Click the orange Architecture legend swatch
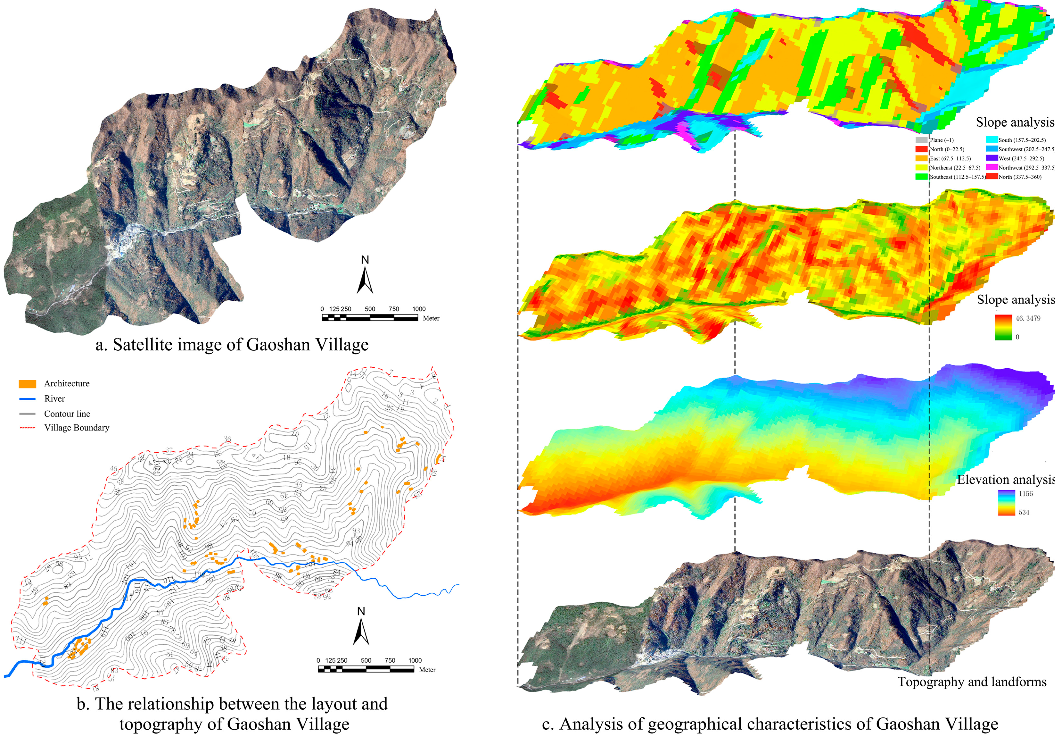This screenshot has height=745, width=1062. pos(27,384)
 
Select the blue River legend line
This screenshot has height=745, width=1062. pos(27,399)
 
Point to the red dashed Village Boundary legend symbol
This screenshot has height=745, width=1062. pos(27,428)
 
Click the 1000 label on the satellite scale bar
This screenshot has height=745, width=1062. pos(419,309)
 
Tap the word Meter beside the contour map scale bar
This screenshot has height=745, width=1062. pos(427,670)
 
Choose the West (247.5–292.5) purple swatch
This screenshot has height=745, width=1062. pos(992,158)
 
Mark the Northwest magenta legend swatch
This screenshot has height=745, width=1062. pos(992,168)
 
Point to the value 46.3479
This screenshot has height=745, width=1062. pos(1028,318)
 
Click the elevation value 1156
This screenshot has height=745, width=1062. pos(1025,494)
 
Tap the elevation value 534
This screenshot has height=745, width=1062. pos(1024,512)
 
